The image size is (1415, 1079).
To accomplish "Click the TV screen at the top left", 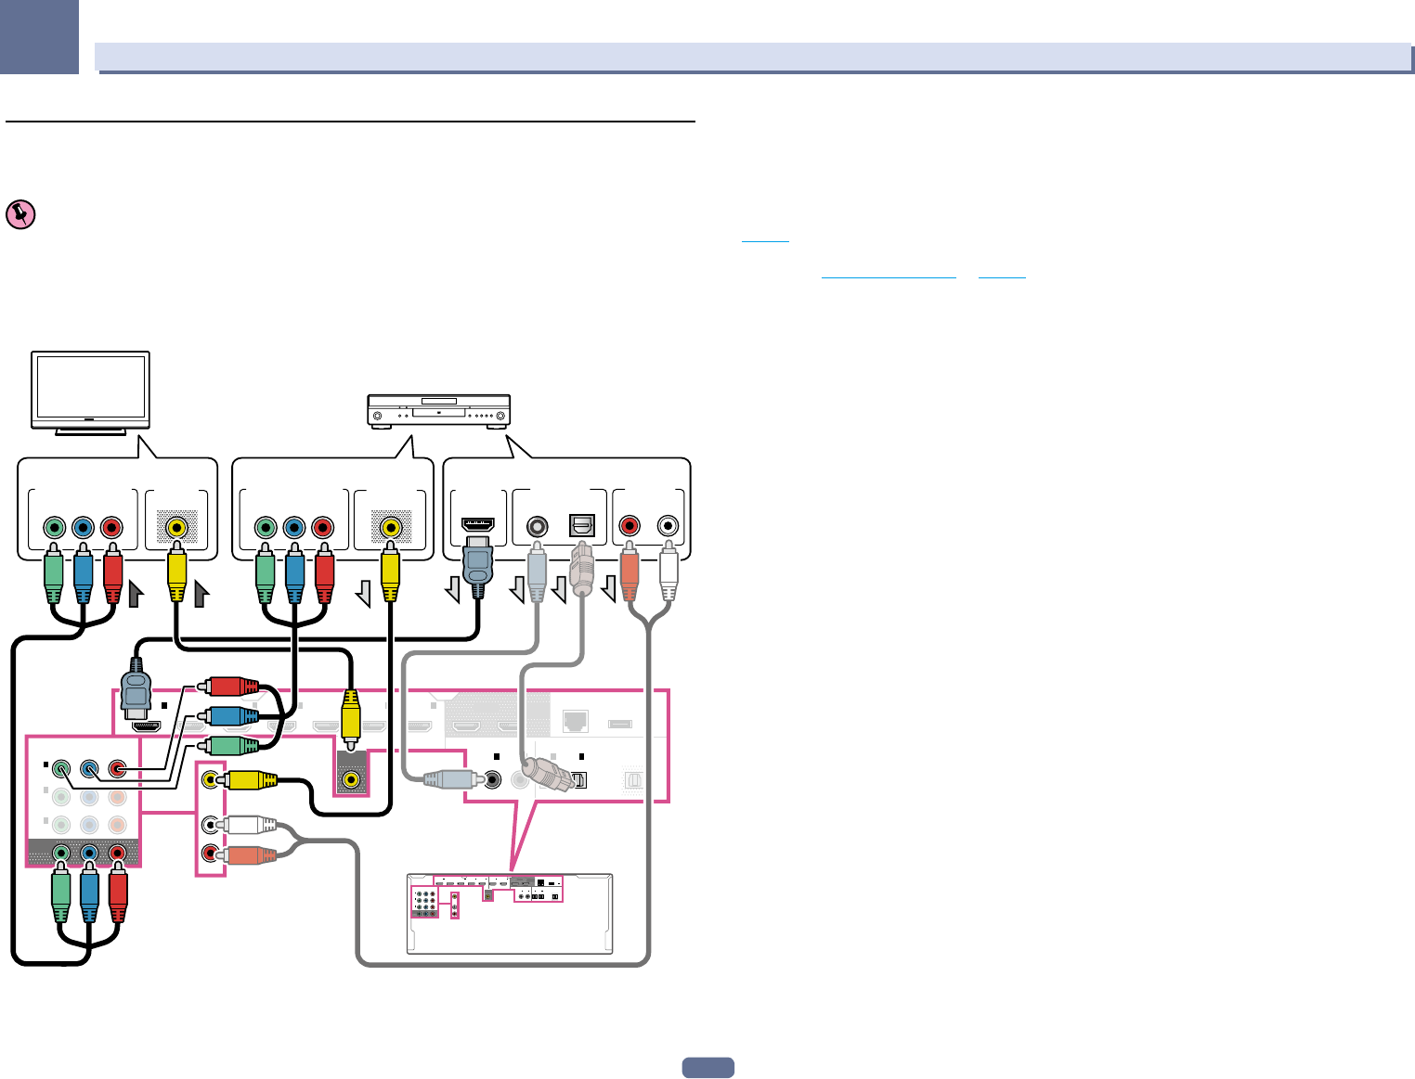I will click(90, 388).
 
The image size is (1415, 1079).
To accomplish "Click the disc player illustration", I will click(439, 410).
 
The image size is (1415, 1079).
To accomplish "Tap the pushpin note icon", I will click(19, 214).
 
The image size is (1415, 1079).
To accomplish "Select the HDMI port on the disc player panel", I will click(477, 525).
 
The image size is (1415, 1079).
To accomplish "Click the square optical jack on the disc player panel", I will click(581, 526).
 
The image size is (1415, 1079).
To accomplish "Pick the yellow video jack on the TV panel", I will click(175, 528).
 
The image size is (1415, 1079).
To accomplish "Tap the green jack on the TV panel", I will click(54, 528).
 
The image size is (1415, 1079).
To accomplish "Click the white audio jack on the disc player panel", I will click(668, 526).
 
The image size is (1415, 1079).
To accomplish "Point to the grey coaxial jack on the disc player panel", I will click(536, 526).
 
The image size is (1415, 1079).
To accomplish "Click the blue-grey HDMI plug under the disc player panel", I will click(477, 566).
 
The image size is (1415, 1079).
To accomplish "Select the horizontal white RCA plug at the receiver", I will click(249, 824).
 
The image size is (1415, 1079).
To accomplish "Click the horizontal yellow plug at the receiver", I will click(251, 780).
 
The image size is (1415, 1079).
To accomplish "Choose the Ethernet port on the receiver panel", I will click(576, 720).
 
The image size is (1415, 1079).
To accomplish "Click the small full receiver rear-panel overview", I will click(510, 914).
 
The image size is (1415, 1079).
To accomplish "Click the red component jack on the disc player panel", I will click(322, 528).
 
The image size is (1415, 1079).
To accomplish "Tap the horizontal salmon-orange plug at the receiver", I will click(249, 854).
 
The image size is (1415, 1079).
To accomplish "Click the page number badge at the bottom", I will click(707, 1068).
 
